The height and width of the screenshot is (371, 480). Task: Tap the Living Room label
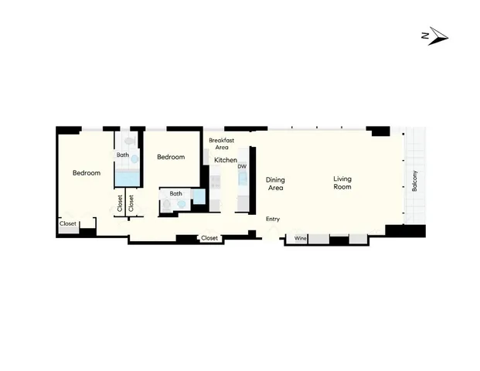342,182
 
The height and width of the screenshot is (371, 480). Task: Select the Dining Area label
276,182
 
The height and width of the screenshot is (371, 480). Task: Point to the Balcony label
414,181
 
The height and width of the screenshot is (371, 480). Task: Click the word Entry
273,220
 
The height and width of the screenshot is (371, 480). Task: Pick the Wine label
301,239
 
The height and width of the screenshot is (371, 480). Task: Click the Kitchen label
226,160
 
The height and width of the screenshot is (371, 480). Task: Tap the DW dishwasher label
242,166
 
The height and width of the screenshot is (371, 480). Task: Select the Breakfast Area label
221,143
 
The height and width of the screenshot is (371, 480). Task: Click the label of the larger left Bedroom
87,173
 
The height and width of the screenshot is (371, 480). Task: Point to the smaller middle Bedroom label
171,157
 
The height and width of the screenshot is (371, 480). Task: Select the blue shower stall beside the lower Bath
199,197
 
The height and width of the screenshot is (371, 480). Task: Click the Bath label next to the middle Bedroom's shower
176,193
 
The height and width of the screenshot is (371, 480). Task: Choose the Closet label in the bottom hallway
209,238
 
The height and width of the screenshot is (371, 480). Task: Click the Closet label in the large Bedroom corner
68,224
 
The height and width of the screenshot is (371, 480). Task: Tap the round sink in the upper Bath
134,158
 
